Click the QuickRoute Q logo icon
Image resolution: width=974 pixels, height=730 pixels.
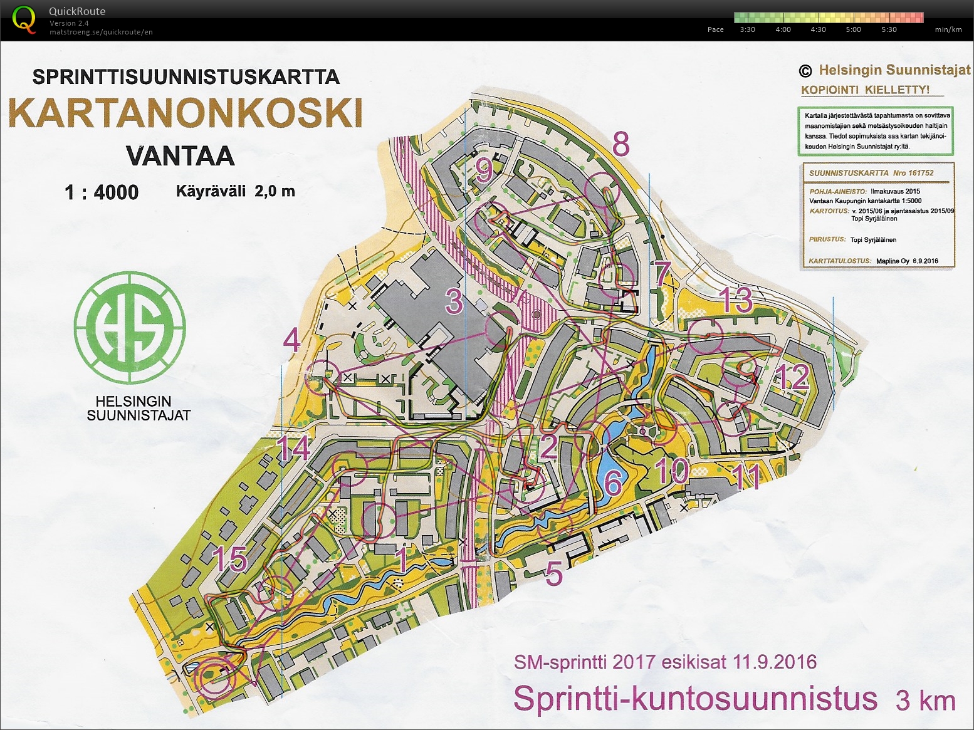pos(24,19)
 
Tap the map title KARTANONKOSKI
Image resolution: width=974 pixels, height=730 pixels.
pos(186,113)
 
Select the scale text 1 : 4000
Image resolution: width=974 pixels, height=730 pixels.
pos(102,192)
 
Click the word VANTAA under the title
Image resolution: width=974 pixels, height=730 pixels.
pos(180,156)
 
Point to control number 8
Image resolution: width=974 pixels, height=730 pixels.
pos(621,145)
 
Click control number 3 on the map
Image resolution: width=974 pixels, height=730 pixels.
pos(454,301)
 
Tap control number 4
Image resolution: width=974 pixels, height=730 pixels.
pos(292,340)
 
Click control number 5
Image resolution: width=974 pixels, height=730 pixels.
pos(553,573)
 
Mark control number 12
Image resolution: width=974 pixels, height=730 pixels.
pos(792,378)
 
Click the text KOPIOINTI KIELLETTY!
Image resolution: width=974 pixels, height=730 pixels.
pos(865,90)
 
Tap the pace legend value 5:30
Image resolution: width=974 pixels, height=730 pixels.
pos(889,29)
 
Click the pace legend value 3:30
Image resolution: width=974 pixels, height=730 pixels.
pos(747,29)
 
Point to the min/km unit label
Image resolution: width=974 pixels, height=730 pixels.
pos(948,29)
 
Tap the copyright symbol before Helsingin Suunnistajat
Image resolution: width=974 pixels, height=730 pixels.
pos(805,71)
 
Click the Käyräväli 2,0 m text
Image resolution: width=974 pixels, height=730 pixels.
pos(235,191)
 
